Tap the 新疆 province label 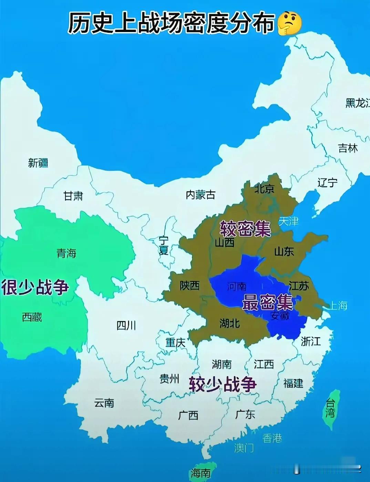coord(38,162)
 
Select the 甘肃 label coord(73,196)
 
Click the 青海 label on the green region coord(66,253)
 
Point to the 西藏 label coord(32,317)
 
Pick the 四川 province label coord(126,325)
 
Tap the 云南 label coord(104,402)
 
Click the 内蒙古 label coord(201,195)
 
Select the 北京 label coord(264,188)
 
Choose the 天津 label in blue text coord(288,221)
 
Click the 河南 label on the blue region coord(237,286)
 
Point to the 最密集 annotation coord(267,302)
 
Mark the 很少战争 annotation coord(35,287)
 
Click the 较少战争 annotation coord(223,384)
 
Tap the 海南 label coord(201,473)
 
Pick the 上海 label coord(338,305)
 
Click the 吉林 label coord(348,148)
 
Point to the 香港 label coord(272,438)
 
